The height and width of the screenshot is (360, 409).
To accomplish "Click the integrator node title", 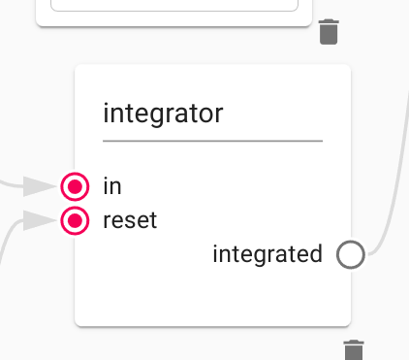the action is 163,114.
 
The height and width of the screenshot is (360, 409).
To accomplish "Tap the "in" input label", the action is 112,184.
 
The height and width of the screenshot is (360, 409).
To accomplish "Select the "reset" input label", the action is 130,220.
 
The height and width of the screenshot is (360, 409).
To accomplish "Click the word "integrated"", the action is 267,254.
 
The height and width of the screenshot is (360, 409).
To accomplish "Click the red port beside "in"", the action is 75,185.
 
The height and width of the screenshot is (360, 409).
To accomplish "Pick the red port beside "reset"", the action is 75,220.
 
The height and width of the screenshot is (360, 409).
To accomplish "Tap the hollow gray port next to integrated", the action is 350,255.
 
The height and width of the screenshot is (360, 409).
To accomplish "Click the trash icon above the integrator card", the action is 330,32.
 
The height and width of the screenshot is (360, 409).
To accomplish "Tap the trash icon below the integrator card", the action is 355,350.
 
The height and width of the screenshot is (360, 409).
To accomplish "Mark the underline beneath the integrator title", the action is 212,141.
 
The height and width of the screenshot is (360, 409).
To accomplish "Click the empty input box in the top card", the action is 174,4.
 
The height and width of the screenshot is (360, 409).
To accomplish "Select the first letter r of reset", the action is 107,221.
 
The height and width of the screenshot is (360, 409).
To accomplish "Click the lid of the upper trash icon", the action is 330,21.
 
